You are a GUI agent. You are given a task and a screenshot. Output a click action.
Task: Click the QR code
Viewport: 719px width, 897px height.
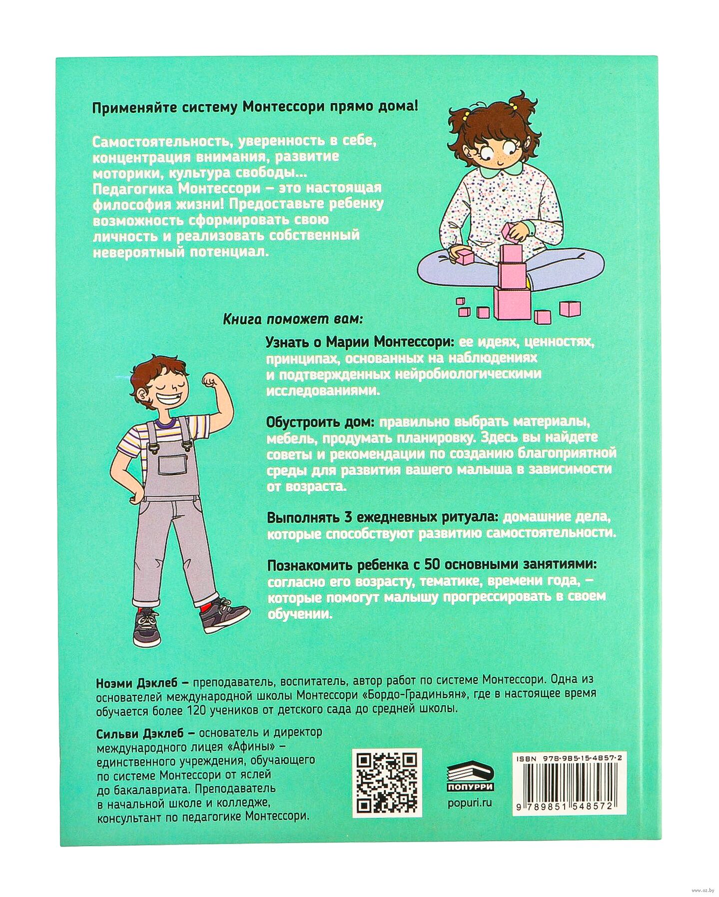click(x=387, y=783)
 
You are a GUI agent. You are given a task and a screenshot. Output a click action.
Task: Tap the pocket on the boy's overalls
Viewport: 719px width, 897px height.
click(x=173, y=465)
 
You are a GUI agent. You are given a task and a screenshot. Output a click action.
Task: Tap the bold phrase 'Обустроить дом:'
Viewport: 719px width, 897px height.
click(x=320, y=422)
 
